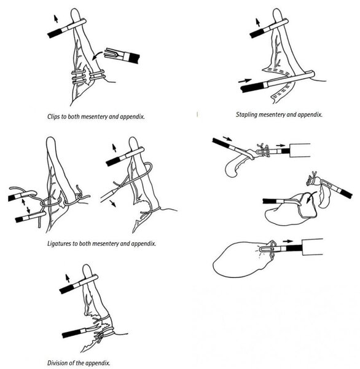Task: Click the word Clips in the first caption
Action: (x=53, y=116)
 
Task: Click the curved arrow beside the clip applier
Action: (x=97, y=55)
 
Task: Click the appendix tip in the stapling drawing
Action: (x=277, y=14)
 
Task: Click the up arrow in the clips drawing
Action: (x=56, y=19)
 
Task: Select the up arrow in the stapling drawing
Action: (x=258, y=23)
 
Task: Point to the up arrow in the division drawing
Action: (x=68, y=278)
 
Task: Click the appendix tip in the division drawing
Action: (x=87, y=270)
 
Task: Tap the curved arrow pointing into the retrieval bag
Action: (x=311, y=197)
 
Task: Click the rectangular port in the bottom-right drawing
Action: (x=312, y=247)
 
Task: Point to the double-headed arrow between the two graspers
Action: (x=26, y=205)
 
